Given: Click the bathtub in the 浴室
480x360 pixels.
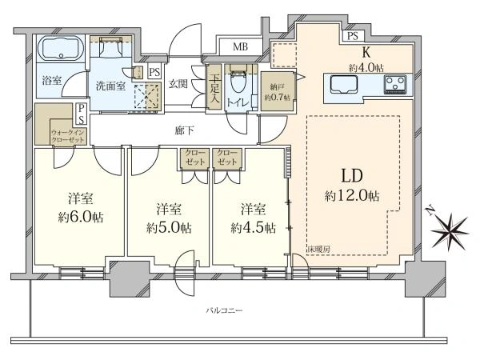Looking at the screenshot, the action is [x=61, y=48].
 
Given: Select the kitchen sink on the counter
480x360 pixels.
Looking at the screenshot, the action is [x=344, y=84].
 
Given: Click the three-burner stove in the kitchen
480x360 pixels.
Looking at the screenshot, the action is [x=395, y=84].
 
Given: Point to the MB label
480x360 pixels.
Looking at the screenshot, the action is [x=240, y=47].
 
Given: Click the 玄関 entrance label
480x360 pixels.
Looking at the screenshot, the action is [x=178, y=83].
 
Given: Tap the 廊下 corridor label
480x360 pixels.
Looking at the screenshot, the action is [x=184, y=130].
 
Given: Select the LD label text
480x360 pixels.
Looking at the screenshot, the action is [x=352, y=176].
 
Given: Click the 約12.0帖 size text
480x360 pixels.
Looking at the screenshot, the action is [x=352, y=196].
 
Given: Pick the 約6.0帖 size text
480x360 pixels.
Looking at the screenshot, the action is [x=81, y=217].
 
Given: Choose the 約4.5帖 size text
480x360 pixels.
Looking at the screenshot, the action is [x=253, y=227].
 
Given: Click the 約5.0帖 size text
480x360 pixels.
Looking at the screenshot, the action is [x=169, y=227].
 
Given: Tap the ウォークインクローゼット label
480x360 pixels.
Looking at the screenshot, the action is [x=68, y=136].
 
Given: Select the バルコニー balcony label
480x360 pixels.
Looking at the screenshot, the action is [x=224, y=311].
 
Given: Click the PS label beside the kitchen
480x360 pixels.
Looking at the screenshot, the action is [x=353, y=36].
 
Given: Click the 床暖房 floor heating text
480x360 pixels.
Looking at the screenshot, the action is [x=318, y=249].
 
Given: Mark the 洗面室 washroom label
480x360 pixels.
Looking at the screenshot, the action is [x=111, y=86].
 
